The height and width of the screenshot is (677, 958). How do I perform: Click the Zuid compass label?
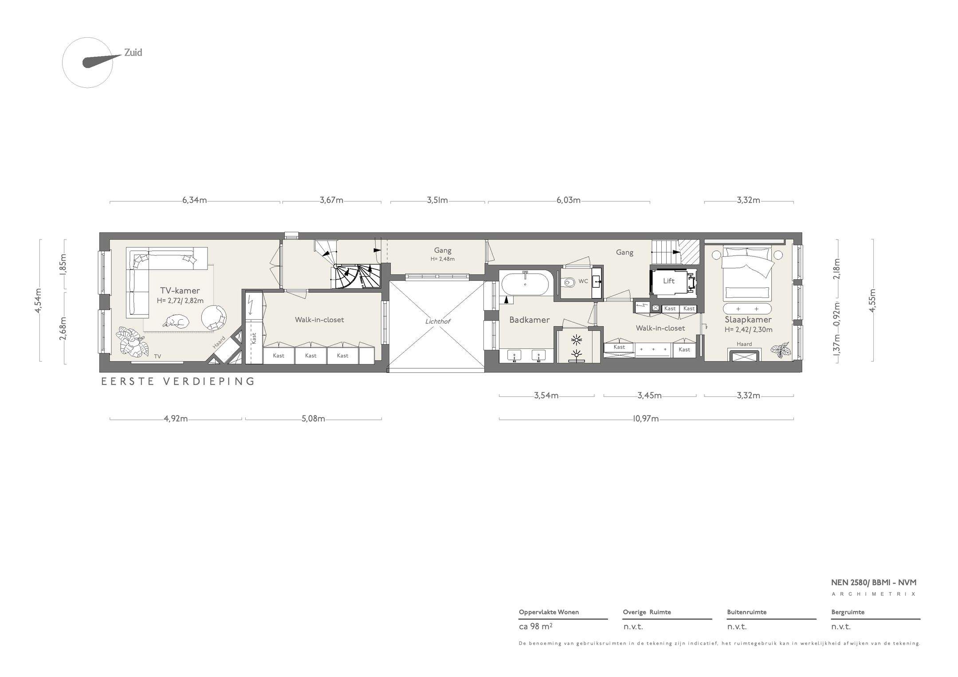[133, 53]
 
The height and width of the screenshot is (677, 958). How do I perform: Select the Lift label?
[668, 281]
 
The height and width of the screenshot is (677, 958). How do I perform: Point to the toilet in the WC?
[568, 281]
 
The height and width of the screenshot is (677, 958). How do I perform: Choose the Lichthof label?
[437, 321]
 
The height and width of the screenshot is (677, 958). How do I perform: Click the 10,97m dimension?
[646, 419]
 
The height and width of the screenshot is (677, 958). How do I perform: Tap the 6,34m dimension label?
[194, 200]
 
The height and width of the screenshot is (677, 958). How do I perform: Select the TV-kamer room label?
[180, 291]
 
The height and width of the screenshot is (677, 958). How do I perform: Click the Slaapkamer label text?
[748, 320]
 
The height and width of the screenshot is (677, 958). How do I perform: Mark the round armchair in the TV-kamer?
[214, 317]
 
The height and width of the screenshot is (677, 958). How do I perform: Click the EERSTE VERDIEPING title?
[178, 381]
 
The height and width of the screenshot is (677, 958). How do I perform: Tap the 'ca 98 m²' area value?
[535, 626]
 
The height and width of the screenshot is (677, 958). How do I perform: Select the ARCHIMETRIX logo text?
[874, 594]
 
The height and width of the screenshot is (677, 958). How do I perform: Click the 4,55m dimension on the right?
[872, 301]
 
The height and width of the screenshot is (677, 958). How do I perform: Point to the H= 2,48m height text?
[443, 259]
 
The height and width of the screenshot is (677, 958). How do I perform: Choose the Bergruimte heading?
[848, 612]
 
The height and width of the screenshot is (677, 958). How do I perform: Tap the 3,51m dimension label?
[437, 200]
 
